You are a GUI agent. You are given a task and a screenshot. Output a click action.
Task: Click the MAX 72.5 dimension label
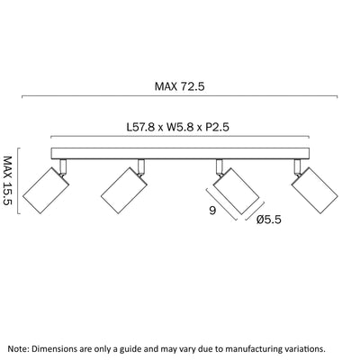click(x=179, y=86)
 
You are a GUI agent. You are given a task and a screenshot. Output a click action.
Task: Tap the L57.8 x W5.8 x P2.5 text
click(x=178, y=127)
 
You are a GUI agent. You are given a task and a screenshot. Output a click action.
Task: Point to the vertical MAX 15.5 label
click(x=8, y=181)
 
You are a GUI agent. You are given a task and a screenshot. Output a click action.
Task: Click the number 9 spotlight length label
click(x=212, y=211)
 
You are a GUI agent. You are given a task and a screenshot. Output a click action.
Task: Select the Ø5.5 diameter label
click(x=269, y=220)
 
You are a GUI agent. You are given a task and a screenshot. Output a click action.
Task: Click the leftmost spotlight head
click(x=46, y=190)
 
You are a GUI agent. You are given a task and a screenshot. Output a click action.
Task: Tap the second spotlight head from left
click(x=124, y=190)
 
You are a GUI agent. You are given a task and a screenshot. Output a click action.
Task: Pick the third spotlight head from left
click(x=237, y=191)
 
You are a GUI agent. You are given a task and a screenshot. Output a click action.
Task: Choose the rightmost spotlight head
click(x=315, y=191)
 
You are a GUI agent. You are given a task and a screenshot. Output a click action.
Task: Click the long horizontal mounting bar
click(x=180, y=153)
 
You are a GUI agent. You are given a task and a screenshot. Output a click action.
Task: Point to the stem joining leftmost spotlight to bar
click(x=63, y=166)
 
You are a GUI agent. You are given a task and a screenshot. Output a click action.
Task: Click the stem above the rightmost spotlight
click(x=298, y=166)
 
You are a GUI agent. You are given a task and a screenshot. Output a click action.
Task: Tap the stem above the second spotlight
click(x=141, y=166)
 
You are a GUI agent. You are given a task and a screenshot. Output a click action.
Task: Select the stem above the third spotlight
click(x=220, y=166)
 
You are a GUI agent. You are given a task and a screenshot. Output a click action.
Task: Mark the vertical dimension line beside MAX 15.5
click(x=18, y=181)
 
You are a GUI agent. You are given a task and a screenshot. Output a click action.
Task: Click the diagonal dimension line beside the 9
click(x=222, y=204)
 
